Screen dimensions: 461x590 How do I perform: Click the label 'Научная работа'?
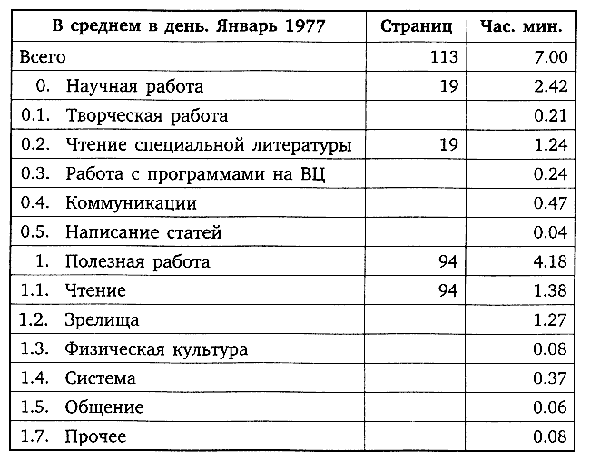pos(134,86)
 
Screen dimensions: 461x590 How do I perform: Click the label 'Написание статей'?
pos(143,233)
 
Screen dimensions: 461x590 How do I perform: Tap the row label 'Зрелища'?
pos(102,320)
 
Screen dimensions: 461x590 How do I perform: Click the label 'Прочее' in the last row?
pos(95,437)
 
